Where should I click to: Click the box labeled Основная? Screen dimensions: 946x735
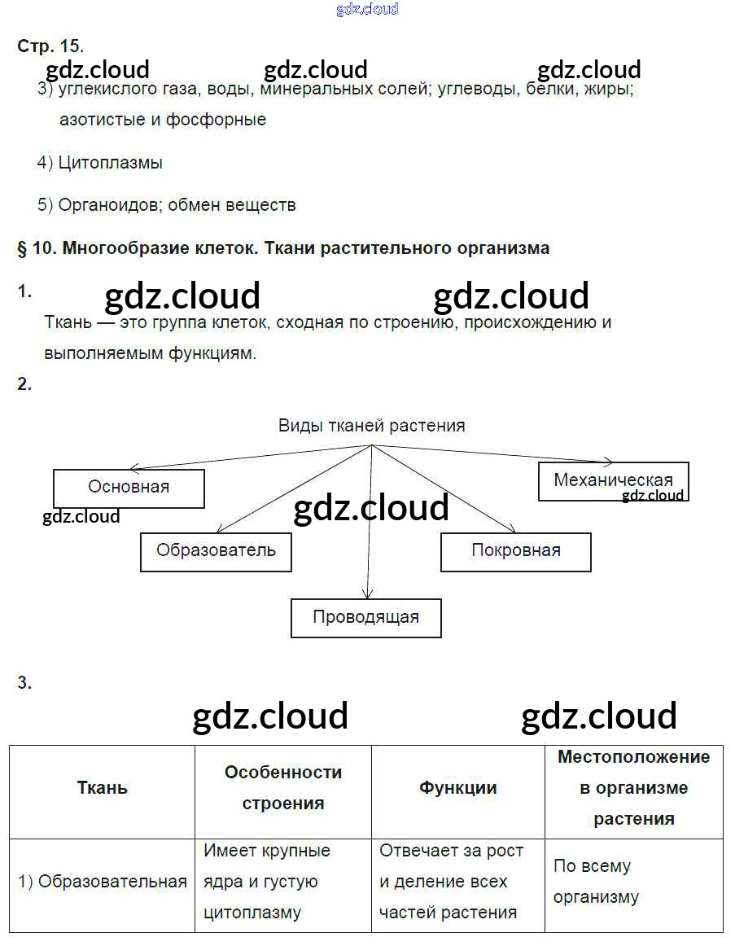pyautogui.click(x=129, y=488)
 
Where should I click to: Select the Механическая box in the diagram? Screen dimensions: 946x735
pyautogui.click(x=613, y=480)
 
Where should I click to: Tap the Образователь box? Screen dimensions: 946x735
pyautogui.click(x=216, y=551)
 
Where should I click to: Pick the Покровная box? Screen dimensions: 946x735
pyautogui.click(x=515, y=551)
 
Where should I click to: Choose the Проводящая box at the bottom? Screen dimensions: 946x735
pyautogui.click(x=365, y=617)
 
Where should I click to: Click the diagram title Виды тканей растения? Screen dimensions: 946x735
pyautogui.click(x=372, y=425)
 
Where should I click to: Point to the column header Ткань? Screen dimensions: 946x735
pyautogui.click(x=103, y=788)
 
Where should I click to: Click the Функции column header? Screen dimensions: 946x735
pyautogui.click(x=458, y=788)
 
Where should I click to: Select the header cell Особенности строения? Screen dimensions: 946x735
pyautogui.click(x=283, y=788)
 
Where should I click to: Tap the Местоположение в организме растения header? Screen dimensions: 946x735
pyautogui.click(x=633, y=788)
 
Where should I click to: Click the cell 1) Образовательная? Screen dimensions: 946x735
pyautogui.click(x=103, y=882)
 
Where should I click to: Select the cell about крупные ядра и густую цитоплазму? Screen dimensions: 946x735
pyautogui.click(x=267, y=882)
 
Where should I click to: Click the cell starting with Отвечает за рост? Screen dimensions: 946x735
pyautogui.click(x=453, y=882)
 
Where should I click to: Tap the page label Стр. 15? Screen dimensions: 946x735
pyautogui.click(x=50, y=46)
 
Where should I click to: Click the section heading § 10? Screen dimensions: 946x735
pyautogui.click(x=282, y=248)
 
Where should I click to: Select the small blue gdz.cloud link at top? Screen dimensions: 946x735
pyautogui.click(x=367, y=9)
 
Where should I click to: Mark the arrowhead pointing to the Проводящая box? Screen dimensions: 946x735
pyautogui.click(x=368, y=595)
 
